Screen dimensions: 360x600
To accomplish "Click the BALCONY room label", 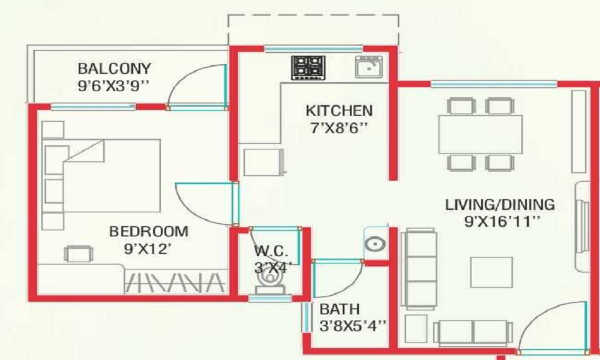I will [114, 68].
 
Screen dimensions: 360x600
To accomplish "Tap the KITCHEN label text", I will [339, 111].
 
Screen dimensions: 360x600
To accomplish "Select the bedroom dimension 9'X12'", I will [149, 247].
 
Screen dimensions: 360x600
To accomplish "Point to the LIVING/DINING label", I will [500, 205].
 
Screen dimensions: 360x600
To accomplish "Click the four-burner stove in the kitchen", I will [308, 68].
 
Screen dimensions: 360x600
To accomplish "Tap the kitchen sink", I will [369, 67].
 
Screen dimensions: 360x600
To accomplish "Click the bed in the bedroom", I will [102, 175].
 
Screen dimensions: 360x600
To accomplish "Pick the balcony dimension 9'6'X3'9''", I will [113, 86].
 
